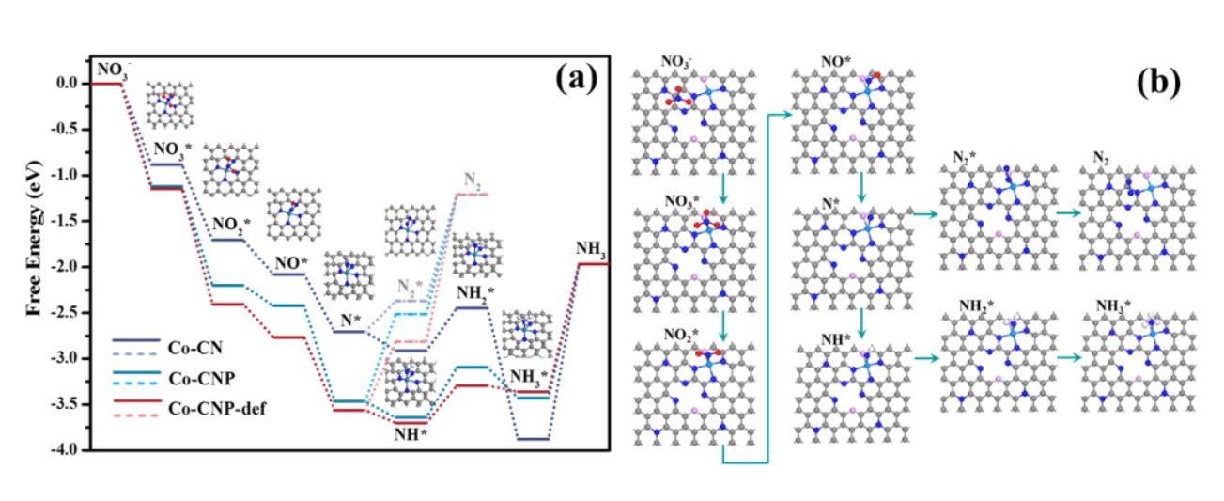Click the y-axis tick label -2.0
point(66,267)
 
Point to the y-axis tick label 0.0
point(68,84)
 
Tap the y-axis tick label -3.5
point(66,404)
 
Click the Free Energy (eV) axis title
point(34,238)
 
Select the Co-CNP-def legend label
point(218,409)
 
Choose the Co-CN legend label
point(195,348)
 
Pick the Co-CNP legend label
point(202,379)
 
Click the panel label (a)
point(577,78)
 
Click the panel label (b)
point(1158,83)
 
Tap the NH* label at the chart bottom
point(411,435)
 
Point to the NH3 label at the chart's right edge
point(591,249)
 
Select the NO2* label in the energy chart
point(231,225)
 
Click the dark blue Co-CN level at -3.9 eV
point(534,439)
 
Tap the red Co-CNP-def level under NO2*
point(228,305)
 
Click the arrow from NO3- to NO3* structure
point(723,189)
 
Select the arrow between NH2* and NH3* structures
point(1068,358)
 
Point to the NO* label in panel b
point(836,62)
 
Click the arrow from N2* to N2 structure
point(1068,213)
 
